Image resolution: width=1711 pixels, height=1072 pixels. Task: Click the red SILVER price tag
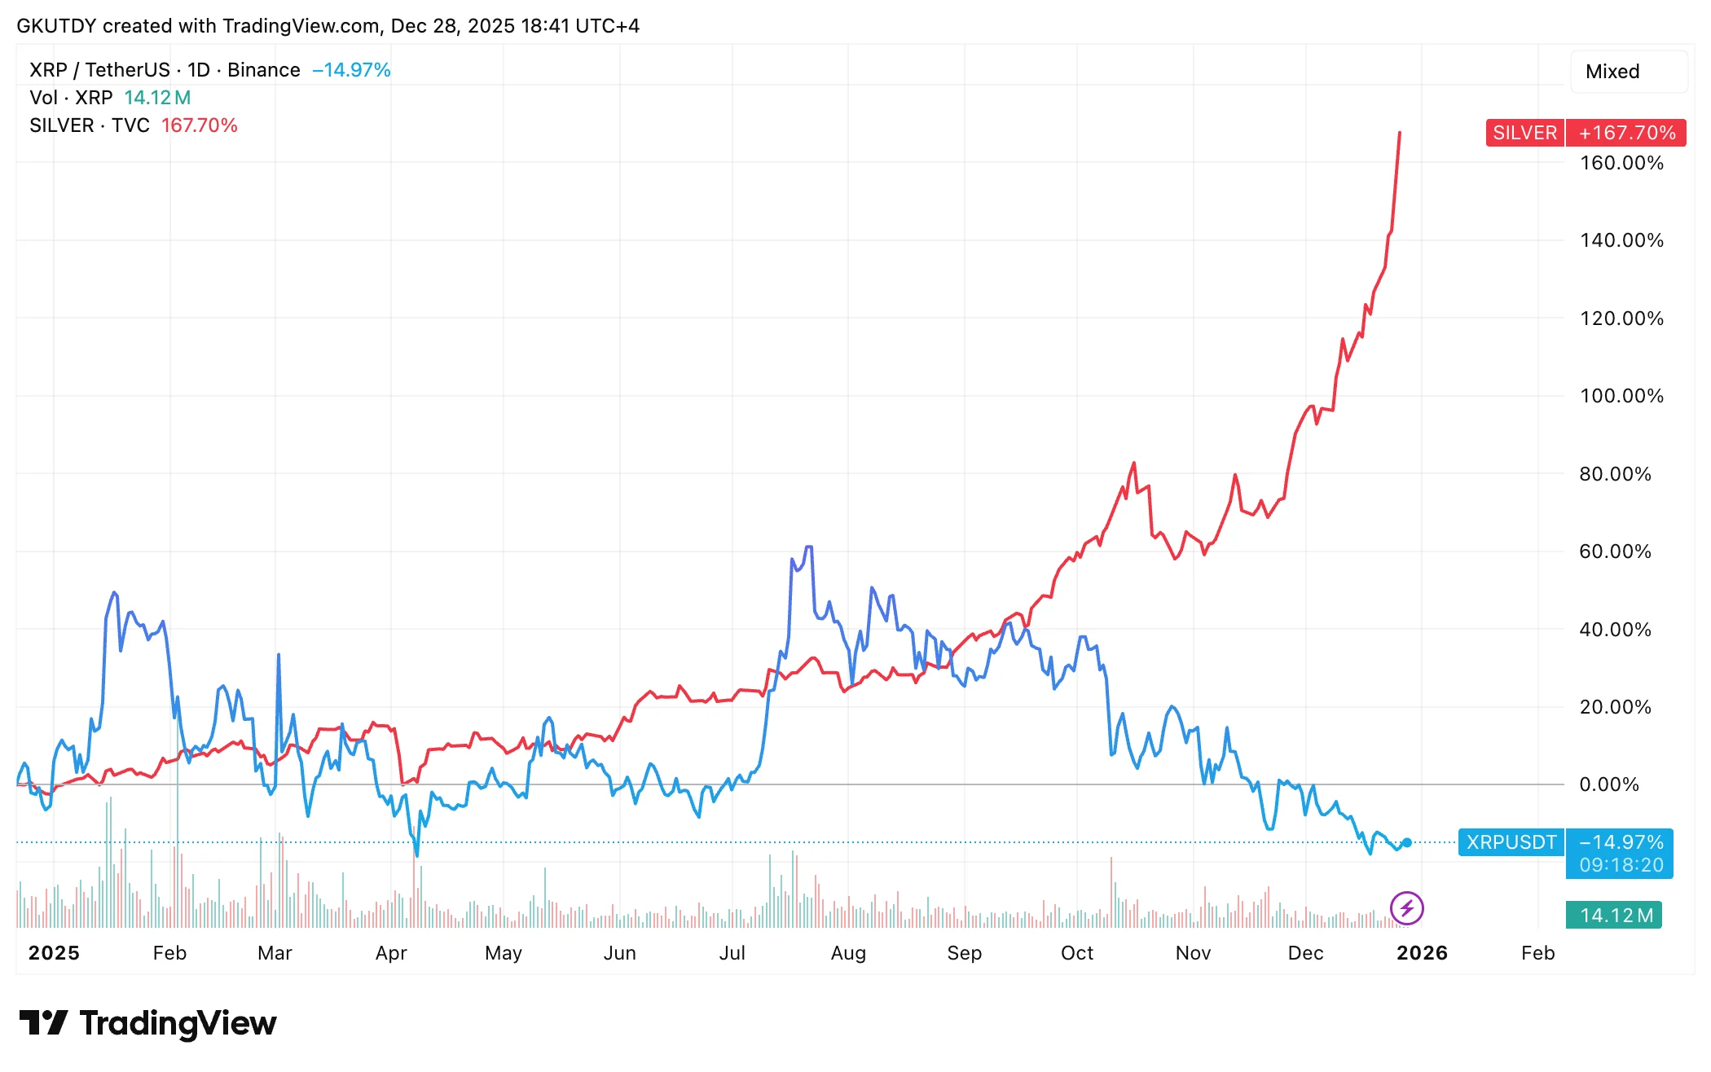coord(1524,133)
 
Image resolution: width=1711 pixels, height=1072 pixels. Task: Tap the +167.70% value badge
coord(1626,133)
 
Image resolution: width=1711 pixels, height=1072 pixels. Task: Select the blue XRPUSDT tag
coord(1511,842)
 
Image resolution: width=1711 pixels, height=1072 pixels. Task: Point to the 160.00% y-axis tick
coord(1621,163)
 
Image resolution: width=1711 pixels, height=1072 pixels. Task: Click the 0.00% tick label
coord(1609,784)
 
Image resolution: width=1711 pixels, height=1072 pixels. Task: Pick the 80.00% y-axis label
coord(1615,474)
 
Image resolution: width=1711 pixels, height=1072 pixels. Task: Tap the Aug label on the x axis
coord(848,953)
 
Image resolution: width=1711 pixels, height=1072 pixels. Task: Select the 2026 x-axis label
coord(1422,953)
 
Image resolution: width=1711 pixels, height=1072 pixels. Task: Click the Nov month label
coord(1193,953)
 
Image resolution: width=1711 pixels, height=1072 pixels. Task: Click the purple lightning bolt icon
coord(1407,908)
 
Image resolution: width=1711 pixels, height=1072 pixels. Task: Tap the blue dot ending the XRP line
coord(1407,843)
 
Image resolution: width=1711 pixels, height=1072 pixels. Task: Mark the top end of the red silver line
coord(1400,132)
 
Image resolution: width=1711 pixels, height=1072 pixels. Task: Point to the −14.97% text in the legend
coord(351,70)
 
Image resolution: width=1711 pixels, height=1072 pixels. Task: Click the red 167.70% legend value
coord(200,125)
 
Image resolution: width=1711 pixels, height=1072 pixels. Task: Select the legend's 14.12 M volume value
coord(157,98)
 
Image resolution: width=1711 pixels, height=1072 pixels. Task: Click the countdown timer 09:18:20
coord(1621,865)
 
